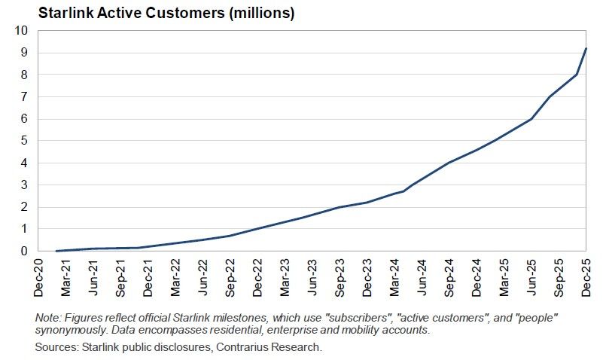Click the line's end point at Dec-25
pos(586,49)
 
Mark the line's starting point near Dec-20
pos(57,251)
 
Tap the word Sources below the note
pos(56,347)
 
